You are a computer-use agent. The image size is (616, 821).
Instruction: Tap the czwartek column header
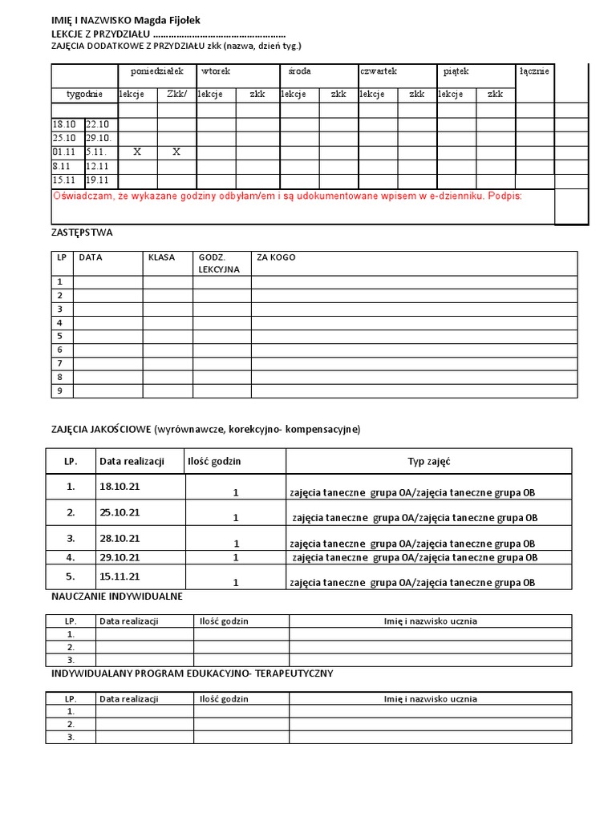pos(379,72)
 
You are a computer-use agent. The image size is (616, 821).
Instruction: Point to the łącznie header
pos(534,72)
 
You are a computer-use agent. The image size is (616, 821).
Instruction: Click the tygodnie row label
pos(84,95)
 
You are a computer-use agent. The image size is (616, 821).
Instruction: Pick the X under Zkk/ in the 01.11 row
pos(176,152)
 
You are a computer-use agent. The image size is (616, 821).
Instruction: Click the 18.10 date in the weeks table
pos(64,124)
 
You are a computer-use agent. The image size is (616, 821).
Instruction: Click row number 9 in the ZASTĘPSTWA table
pos(59,391)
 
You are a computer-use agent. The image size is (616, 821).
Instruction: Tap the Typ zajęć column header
pos(428,461)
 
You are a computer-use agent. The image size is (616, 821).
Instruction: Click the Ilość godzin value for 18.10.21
pos(236,493)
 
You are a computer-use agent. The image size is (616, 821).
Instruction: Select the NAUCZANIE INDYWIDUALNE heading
pos(117,597)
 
